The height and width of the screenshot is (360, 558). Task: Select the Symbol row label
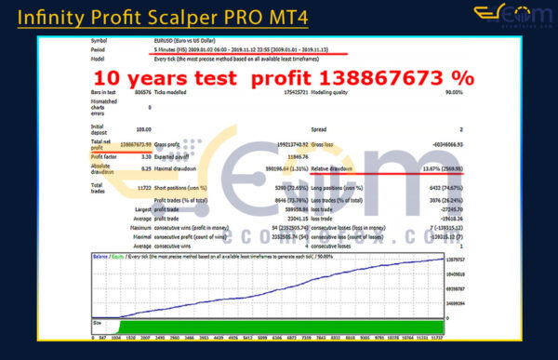pos(100,41)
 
